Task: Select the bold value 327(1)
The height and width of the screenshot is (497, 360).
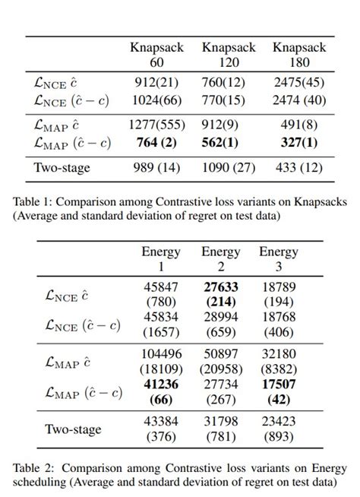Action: tap(298, 142)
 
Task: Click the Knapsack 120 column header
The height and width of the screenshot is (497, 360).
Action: tap(227, 54)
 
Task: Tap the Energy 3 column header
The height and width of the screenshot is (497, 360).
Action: tap(279, 259)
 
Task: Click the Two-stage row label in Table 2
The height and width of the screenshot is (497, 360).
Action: tap(73, 429)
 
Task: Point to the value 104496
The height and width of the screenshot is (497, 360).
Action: tap(161, 353)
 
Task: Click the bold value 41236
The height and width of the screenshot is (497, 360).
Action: tap(161, 385)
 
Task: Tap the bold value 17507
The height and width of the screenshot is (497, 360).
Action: tap(279, 385)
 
